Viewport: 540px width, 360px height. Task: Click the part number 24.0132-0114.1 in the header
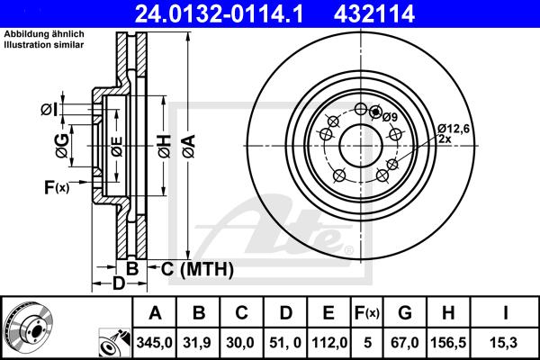(219, 13)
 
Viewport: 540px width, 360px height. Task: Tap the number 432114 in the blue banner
(374, 13)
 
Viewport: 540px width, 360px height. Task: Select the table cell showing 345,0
(154, 343)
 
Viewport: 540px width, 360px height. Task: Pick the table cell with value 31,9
(197, 343)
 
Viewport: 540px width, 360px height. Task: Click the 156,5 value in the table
(448, 343)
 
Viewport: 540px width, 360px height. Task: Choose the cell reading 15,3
(506, 343)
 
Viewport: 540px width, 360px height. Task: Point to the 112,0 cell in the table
(329, 343)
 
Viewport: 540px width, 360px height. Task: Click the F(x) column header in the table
(367, 313)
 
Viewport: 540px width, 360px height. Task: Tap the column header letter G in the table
(405, 313)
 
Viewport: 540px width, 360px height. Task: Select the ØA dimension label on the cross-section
(189, 146)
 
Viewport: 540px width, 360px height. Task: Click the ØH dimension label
(165, 147)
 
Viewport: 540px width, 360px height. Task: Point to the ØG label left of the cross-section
(62, 146)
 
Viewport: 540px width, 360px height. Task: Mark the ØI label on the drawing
(49, 110)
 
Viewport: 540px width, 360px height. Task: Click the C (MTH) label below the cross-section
(197, 269)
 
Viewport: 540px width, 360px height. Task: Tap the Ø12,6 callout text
(454, 129)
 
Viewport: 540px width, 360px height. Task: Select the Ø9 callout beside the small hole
(390, 117)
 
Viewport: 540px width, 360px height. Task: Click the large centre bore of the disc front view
(361, 146)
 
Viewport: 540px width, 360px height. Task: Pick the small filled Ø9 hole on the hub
(375, 112)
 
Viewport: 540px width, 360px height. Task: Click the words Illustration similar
(44, 45)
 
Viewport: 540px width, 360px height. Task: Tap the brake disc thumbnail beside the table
(28, 327)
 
